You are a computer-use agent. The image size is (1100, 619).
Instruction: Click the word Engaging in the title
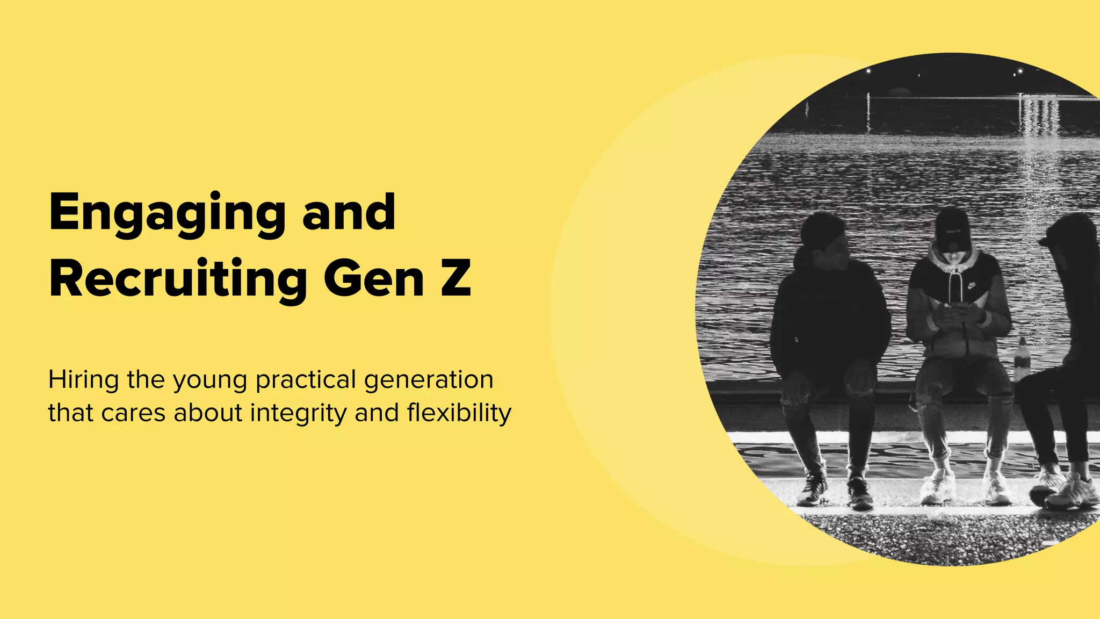coord(167,214)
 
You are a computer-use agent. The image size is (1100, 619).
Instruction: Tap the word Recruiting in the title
coord(178,279)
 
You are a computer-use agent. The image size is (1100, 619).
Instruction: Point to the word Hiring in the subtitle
coord(83,380)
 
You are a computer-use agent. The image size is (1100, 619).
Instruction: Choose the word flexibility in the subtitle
coord(459,414)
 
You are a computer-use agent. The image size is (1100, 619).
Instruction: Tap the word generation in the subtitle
coord(429,380)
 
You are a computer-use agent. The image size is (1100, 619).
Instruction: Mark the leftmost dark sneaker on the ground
coord(812,489)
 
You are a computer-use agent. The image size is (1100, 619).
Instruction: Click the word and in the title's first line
coord(349,213)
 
